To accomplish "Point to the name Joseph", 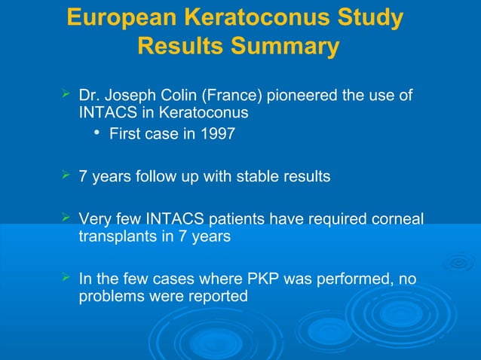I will click(129, 96).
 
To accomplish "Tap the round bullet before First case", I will click(98, 134).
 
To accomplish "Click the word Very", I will click(96, 219).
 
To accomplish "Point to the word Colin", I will click(172, 96).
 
